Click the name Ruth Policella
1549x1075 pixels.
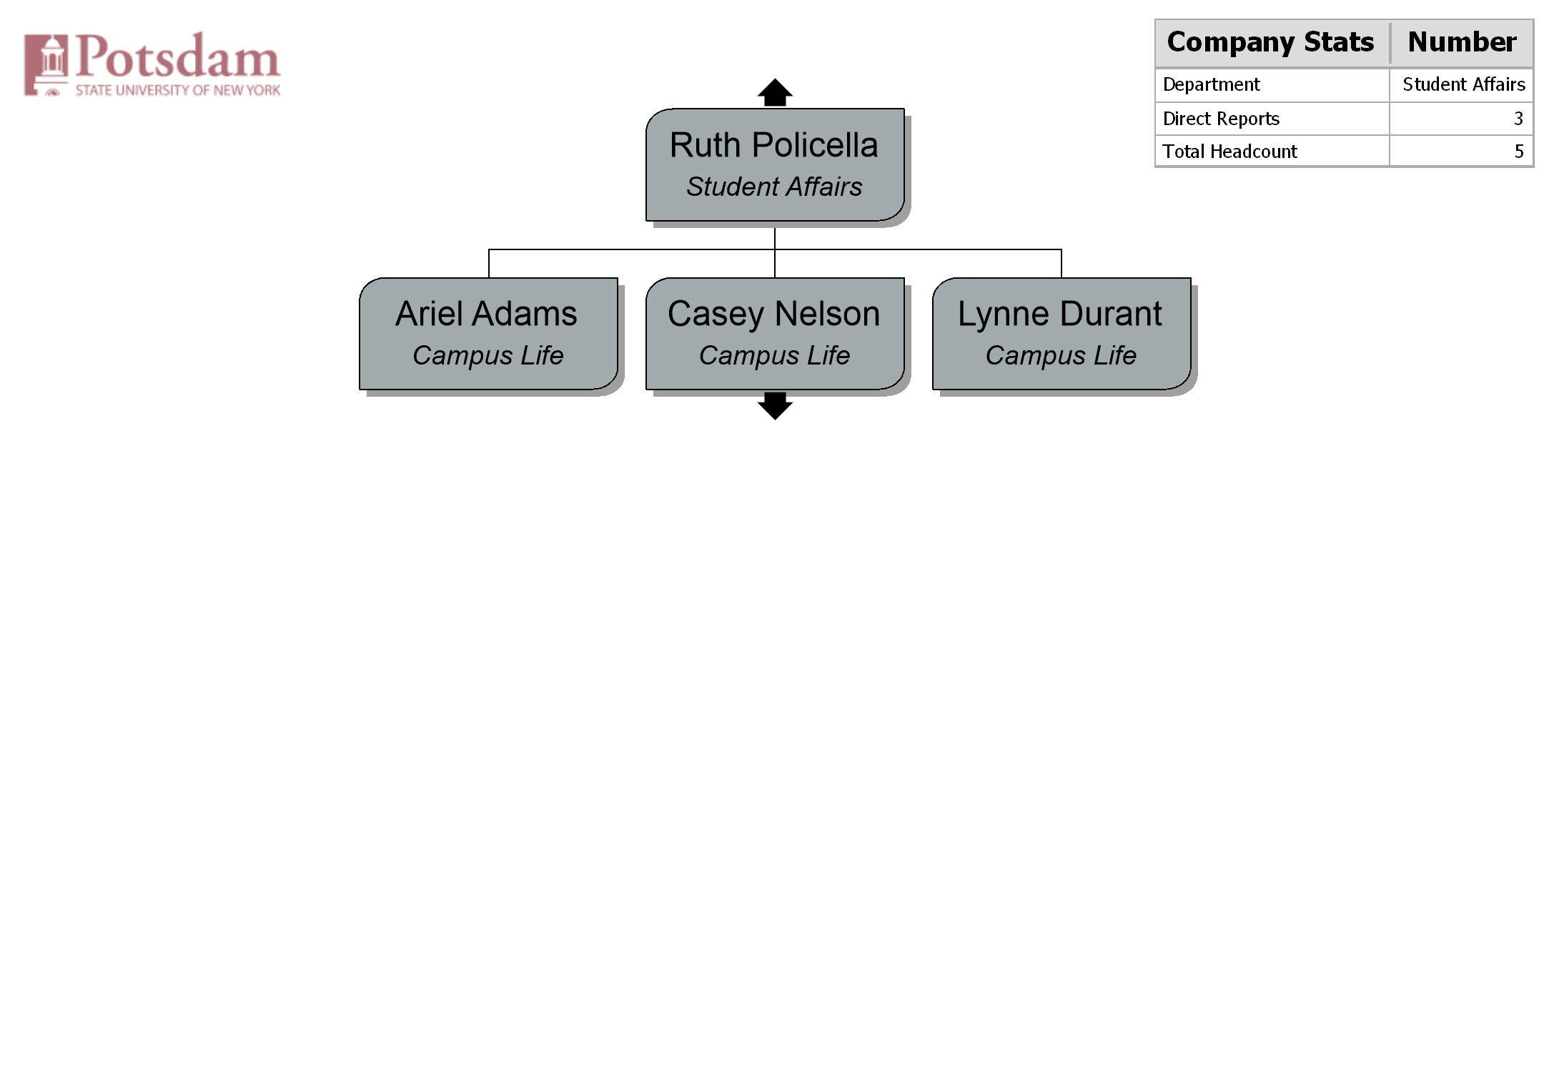point(773,145)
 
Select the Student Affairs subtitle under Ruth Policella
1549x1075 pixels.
point(774,187)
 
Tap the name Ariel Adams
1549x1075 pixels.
point(486,314)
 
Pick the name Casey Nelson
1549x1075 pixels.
point(773,315)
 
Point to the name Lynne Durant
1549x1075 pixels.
point(1060,315)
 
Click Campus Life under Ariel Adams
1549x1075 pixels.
point(488,356)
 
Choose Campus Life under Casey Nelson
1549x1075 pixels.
point(774,356)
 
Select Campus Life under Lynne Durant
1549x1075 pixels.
point(1061,356)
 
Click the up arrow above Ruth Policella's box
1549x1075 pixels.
point(775,92)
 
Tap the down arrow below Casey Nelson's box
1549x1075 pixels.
point(775,406)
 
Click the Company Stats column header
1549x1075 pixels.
point(1270,42)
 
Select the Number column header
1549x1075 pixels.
point(1462,42)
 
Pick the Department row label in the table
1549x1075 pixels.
point(1211,85)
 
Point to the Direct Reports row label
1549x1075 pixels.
point(1221,119)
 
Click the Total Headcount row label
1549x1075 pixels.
point(1229,152)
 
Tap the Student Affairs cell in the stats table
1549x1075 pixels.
point(1464,84)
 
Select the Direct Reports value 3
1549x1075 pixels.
point(1518,119)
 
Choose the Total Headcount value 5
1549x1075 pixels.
point(1519,152)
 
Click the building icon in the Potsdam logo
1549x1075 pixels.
point(46,64)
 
